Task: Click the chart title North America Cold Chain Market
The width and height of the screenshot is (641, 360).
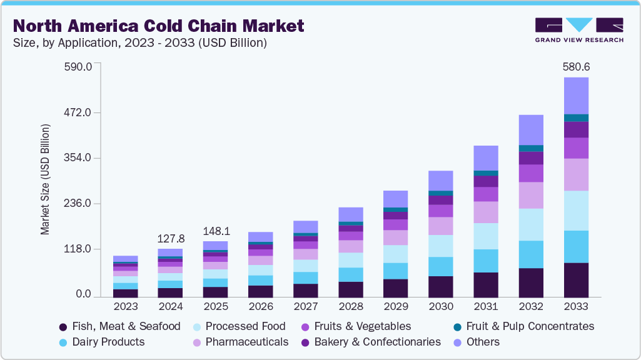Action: [x=159, y=26]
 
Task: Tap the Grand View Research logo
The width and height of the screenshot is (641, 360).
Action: [x=578, y=29]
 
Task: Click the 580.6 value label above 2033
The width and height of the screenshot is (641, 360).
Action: [x=576, y=67]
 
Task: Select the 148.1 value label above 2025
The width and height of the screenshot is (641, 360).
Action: [x=216, y=231]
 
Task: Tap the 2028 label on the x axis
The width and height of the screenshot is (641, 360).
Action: [x=351, y=307]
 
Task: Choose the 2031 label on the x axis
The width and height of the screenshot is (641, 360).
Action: [x=486, y=307]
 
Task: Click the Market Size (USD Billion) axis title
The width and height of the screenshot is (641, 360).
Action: [x=45, y=179]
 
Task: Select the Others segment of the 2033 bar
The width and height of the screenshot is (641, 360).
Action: [x=576, y=96]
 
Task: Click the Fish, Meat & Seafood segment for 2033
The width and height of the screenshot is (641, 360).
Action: [x=576, y=279]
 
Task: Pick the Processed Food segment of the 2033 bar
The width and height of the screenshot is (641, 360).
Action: [x=576, y=211]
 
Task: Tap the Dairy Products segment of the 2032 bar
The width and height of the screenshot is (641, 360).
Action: [x=531, y=254]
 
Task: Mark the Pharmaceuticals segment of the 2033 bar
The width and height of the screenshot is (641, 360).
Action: [x=576, y=174]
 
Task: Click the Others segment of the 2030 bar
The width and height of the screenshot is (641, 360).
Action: [x=441, y=181]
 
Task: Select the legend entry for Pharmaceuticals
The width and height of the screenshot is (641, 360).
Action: [x=240, y=342]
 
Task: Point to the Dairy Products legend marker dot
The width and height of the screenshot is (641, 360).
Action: [x=63, y=342]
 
